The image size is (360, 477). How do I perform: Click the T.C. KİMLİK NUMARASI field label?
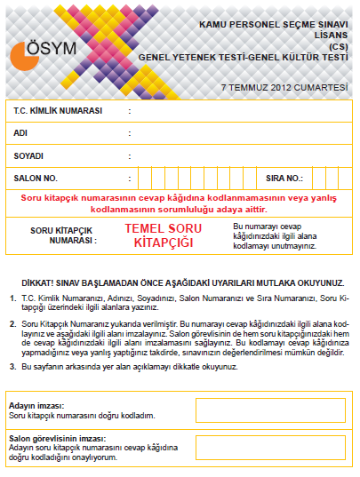tap(58, 110)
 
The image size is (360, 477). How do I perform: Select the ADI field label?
tap(21, 132)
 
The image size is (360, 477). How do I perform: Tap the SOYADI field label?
tap(29, 155)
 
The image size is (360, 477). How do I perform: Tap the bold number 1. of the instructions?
tap(12, 298)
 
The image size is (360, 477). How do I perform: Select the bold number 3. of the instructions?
tap(12, 366)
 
